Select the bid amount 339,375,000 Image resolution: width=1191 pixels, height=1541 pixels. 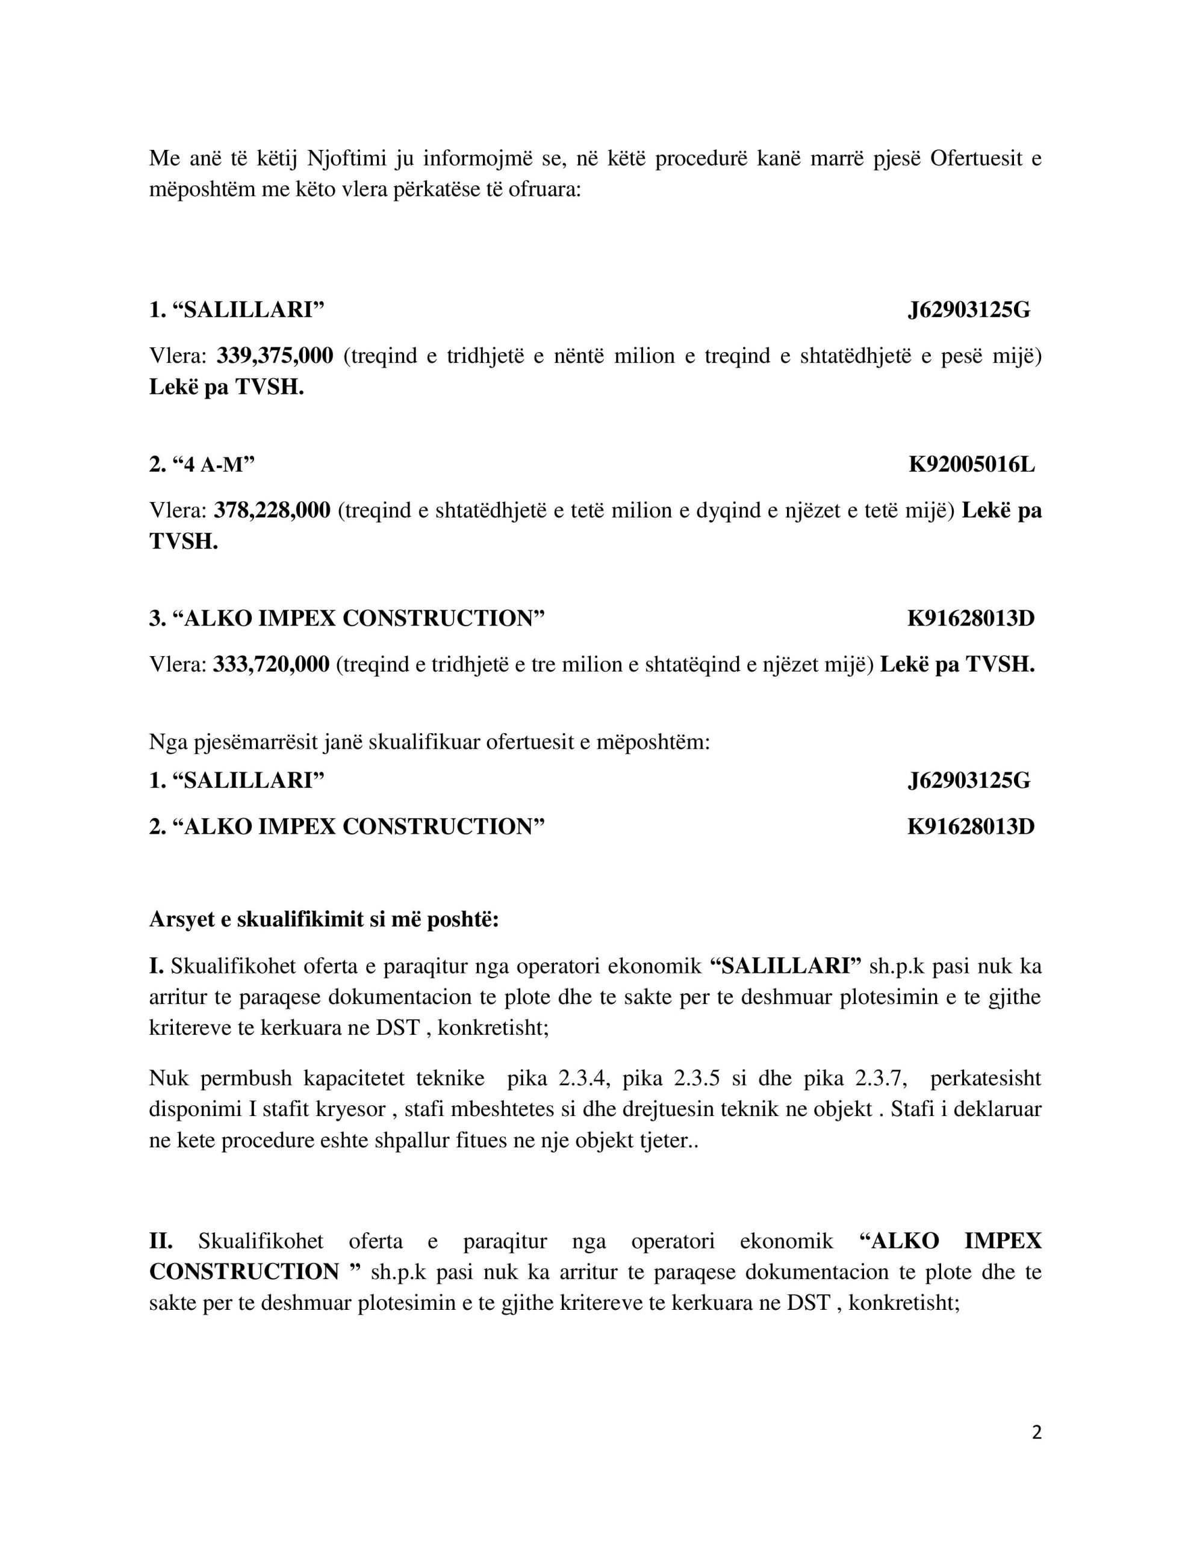(x=275, y=356)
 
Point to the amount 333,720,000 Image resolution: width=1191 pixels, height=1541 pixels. (x=271, y=664)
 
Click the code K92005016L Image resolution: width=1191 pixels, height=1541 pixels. (x=971, y=464)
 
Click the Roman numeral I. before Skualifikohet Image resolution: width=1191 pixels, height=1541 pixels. (x=156, y=966)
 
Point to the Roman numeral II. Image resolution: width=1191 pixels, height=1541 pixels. (x=161, y=1241)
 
